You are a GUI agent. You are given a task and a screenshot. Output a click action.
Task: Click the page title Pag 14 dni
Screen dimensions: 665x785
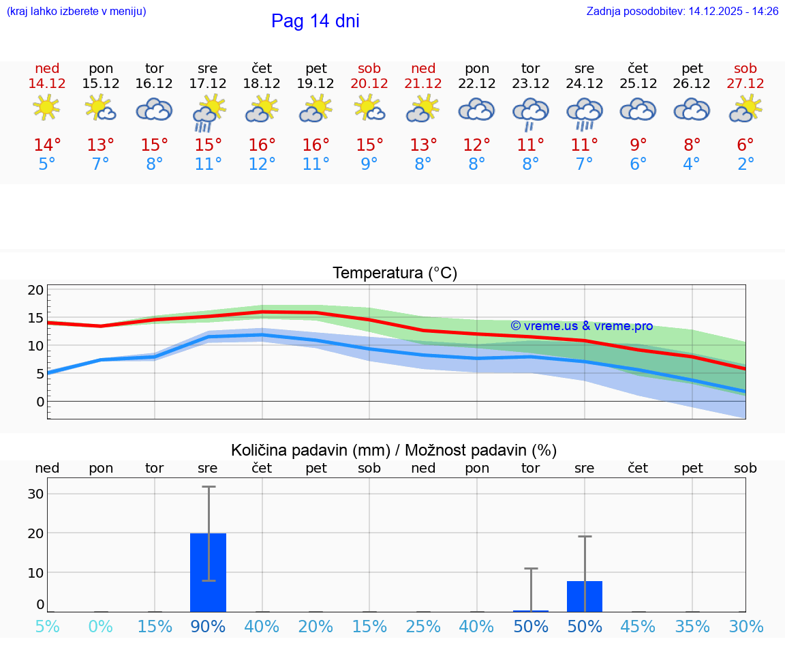315,21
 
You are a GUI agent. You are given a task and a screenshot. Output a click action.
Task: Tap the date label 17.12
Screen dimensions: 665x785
208,83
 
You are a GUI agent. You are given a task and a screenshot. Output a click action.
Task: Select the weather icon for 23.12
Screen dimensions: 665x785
531,113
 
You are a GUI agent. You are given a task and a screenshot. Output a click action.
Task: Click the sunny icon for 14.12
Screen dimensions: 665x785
46,108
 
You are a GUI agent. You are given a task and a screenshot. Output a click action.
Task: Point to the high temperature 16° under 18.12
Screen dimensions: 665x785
262,145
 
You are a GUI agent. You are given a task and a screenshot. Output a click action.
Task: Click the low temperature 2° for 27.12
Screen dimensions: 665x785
745,164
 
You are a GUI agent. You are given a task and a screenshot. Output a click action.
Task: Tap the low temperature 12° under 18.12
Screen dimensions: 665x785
262,164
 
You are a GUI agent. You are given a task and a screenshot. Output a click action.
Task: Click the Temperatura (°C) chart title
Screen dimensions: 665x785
395,273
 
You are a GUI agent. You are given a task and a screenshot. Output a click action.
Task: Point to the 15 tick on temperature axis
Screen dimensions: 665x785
35,318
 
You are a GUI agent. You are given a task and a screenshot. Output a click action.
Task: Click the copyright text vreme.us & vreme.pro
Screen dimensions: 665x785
581,326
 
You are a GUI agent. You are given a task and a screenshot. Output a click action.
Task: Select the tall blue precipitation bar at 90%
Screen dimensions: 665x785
208,572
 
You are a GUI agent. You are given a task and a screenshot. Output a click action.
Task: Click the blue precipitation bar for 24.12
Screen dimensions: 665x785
585,596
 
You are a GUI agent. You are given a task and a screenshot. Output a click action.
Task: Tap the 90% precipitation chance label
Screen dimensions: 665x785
208,626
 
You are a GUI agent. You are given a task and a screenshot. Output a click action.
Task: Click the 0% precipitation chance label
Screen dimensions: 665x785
100,626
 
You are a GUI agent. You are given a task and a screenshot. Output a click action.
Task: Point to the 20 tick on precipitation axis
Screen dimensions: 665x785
35,533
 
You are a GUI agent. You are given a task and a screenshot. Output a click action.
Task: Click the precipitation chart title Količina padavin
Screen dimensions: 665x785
394,450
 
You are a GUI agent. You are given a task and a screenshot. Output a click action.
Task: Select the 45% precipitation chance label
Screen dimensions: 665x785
638,626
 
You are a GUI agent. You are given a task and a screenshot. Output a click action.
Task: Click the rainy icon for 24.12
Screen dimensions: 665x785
585,113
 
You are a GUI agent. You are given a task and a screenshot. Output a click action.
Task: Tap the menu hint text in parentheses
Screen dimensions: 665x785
76,12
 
